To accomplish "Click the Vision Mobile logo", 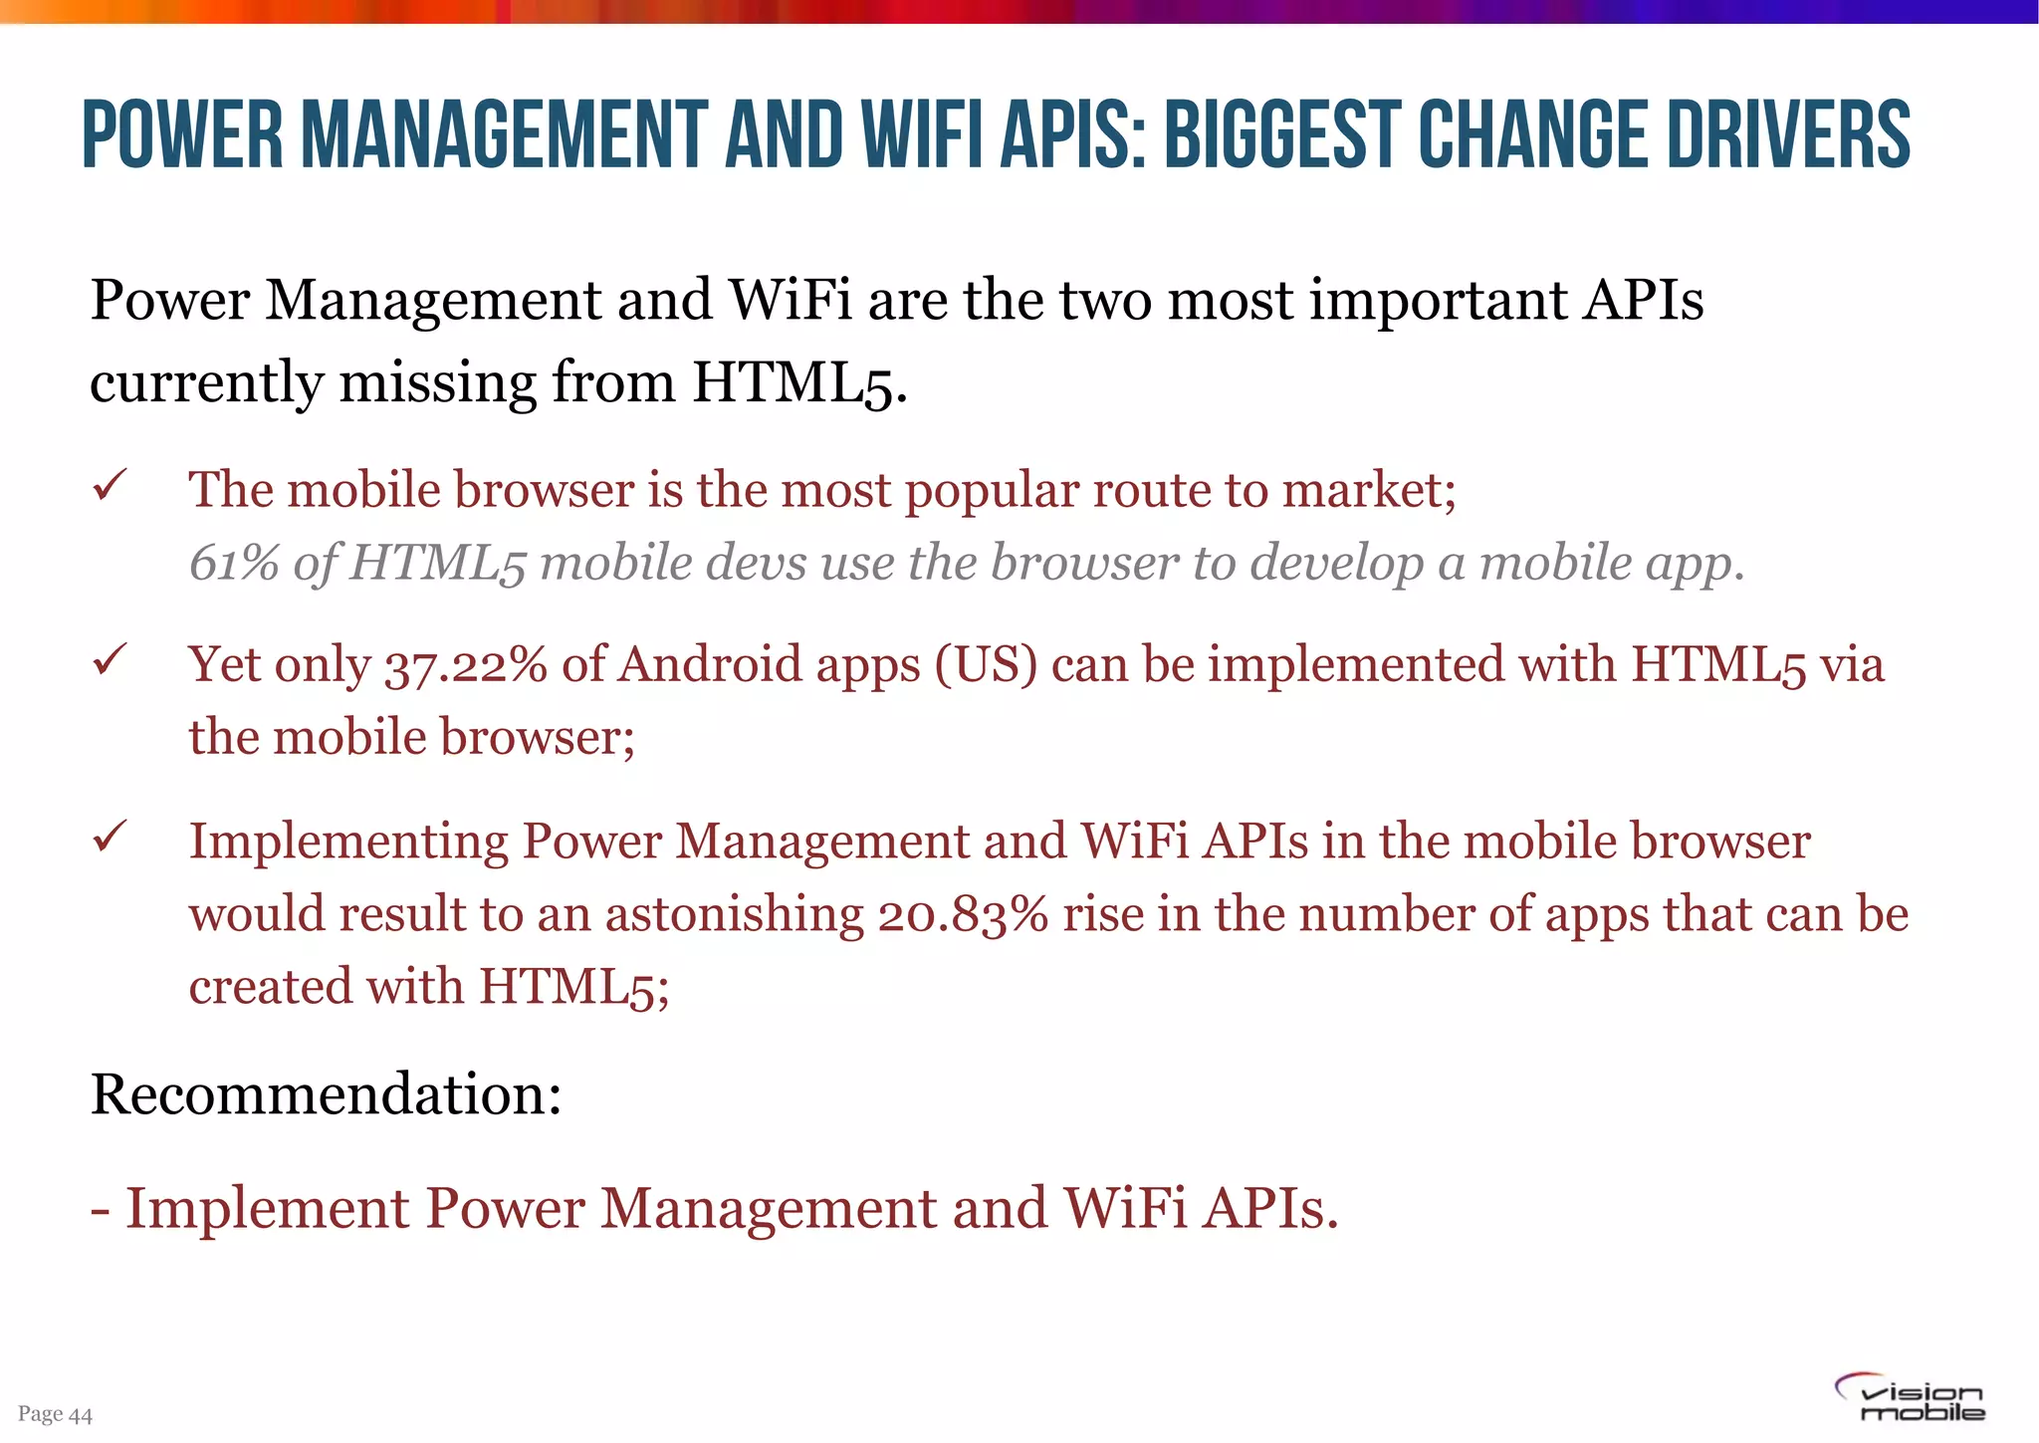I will pos(1910,1398).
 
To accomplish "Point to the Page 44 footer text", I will pos(55,1414).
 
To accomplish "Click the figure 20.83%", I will pos(962,915).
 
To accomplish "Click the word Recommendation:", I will pos(326,1094).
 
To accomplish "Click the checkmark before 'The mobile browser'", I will pos(109,486).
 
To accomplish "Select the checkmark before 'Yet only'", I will pos(109,659).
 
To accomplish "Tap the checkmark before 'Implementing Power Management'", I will pos(109,836).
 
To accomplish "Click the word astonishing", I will pos(735,915).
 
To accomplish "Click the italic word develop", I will pos(1336,565).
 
